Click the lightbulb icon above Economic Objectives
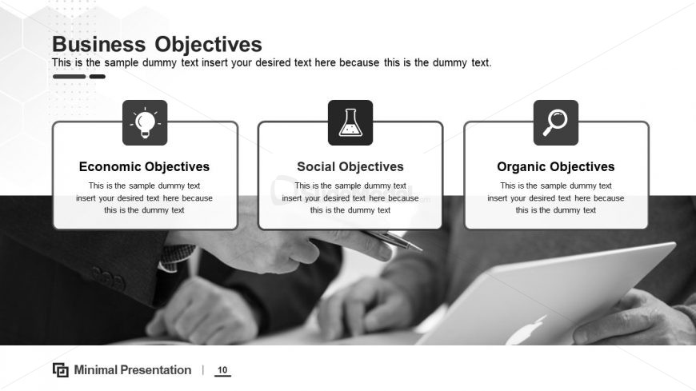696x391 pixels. (x=145, y=122)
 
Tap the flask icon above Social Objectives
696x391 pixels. (x=350, y=122)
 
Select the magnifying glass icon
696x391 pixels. (x=555, y=122)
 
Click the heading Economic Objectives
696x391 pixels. (x=144, y=167)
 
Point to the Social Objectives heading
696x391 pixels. (x=350, y=167)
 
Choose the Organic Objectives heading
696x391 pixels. (x=556, y=167)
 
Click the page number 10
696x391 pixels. (x=222, y=370)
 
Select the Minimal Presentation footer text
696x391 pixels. (x=133, y=369)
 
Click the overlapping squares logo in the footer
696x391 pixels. (x=60, y=369)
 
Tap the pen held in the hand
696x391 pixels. (x=392, y=239)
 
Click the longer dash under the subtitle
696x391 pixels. (x=69, y=77)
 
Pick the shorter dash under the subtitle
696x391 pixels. (x=98, y=77)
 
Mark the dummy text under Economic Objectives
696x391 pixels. (x=144, y=197)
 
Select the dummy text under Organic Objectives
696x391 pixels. (x=556, y=197)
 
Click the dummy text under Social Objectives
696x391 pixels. (x=350, y=197)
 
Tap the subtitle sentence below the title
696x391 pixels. (x=272, y=62)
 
